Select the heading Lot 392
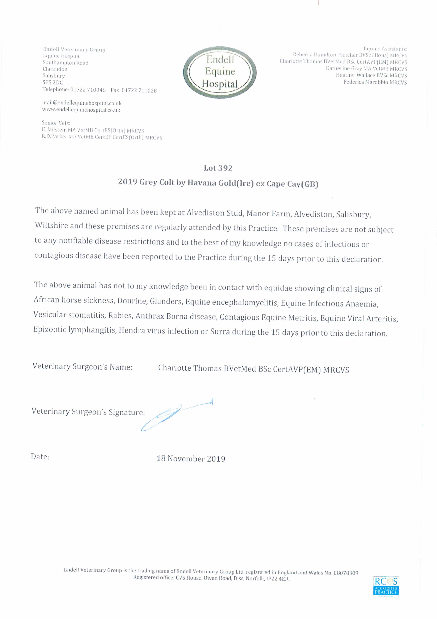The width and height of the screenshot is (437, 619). (218, 168)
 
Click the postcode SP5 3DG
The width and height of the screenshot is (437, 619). (53, 82)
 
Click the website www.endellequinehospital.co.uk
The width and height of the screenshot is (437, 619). (81, 110)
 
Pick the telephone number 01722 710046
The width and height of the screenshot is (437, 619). (88, 90)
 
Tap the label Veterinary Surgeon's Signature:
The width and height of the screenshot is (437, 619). (88, 412)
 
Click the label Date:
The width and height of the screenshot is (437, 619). (40, 457)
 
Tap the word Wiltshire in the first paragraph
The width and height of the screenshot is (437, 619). (51, 225)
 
